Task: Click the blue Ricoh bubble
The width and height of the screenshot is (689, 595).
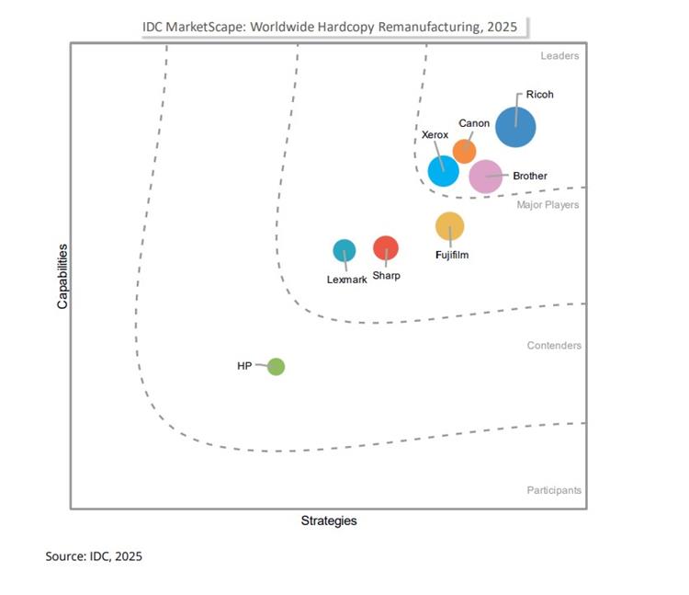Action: pyautogui.click(x=515, y=127)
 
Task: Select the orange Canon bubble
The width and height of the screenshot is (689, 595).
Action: pyautogui.click(x=465, y=151)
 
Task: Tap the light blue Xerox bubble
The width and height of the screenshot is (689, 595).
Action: pyautogui.click(x=443, y=170)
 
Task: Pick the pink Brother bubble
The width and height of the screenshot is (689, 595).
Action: pyautogui.click(x=486, y=176)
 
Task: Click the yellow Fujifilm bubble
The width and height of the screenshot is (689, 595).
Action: pyautogui.click(x=449, y=225)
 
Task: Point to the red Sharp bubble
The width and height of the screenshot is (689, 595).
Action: pyautogui.click(x=386, y=247)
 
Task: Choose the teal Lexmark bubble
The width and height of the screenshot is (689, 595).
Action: pyautogui.click(x=344, y=250)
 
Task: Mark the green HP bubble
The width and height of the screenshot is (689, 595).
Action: pyautogui.click(x=276, y=367)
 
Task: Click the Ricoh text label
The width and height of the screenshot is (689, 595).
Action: pyautogui.click(x=539, y=95)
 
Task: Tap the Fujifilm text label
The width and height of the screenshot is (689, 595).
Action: pyautogui.click(x=452, y=255)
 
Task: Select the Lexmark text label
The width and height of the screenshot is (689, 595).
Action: pyautogui.click(x=346, y=280)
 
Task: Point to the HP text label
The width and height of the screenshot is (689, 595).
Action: pyautogui.click(x=244, y=366)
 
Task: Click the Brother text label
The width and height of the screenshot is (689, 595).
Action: pyautogui.click(x=530, y=176)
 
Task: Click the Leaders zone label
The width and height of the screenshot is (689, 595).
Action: pyautogui.click(x=559, y=56)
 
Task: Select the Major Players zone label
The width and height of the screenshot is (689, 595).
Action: pyautogui.click(x=548, y=204)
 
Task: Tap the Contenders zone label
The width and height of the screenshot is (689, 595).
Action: pyautogui.click(x=554, y=346)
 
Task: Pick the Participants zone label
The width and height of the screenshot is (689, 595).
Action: pyautogui.click(x=554, y=490)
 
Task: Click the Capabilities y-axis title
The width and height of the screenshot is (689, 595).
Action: pyautogui.click(x=62, y=275)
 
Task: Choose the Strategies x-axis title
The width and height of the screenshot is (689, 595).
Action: pyautogui.click(x=329, y=521)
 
